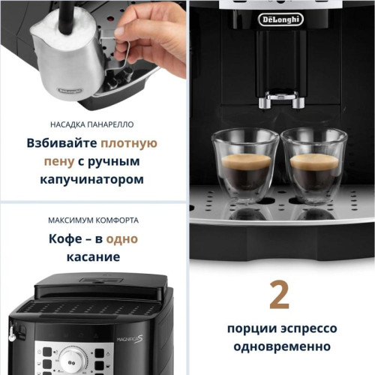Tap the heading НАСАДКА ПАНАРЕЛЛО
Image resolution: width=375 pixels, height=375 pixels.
pos(92,124)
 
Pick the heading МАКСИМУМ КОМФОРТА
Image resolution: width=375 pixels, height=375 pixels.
pos(92,220)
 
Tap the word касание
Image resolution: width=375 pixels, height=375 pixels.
pos(92,257)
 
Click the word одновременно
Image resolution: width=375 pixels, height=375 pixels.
pos(280,347)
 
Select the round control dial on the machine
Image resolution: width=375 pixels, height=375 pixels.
pos(73,358)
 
